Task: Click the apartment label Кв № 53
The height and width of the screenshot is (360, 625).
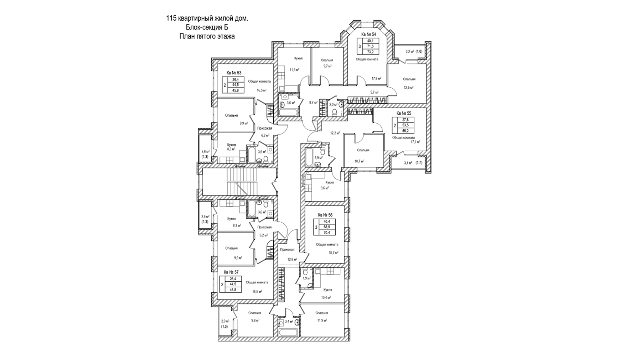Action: [x=234, y=73]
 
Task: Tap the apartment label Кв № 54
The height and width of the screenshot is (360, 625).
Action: [x=369, y=35]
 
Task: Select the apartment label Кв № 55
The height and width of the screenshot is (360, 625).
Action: [x=404, y=113]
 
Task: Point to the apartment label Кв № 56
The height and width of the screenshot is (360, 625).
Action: [x=325, y=215]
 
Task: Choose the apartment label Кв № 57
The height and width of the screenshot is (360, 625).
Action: [x=231, y=272]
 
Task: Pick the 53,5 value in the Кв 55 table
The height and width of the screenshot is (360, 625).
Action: [x=405, y=125]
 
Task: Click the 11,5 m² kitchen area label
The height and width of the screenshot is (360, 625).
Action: [x=294, y=70]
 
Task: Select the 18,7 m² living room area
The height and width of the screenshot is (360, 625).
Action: [x=333, y=252]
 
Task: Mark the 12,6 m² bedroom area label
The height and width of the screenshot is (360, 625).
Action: [x=409, y=87]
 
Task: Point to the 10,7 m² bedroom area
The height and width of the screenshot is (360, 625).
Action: [x=360, y=161]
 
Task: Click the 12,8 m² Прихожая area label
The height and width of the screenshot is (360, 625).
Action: [x=292, y=259]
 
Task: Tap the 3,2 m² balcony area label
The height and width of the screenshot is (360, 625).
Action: [x=410, y=51]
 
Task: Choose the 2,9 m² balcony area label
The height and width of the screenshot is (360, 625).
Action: [x=225, y=321]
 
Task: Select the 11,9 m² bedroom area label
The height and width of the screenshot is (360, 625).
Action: [x=322, y=320]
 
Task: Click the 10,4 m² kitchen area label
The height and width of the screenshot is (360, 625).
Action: [x=326, y=298]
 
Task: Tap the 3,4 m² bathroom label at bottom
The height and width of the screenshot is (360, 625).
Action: [x=289, y=322]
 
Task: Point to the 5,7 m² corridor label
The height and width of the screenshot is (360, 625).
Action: [x=374, y=92]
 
